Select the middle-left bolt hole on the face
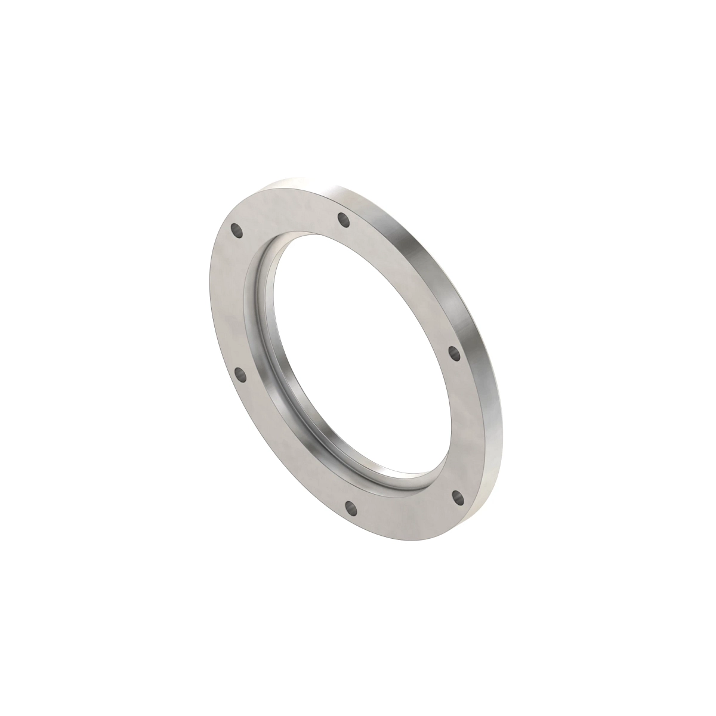click(x=240, y=375)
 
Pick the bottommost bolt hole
click(x=351, y=509)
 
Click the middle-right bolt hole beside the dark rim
click(x=454, y=352)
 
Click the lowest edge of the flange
click(x=418, y=542)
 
